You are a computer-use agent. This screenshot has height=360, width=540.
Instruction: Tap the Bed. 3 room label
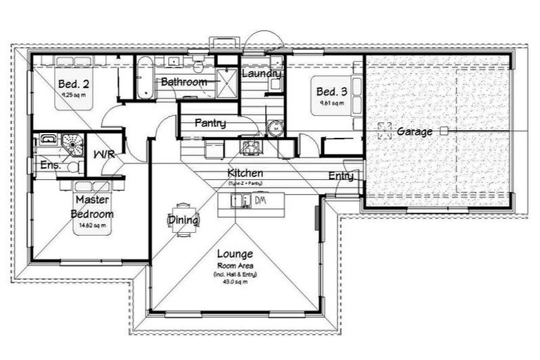click(x=331, y=92)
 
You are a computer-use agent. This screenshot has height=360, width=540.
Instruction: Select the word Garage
click(x=414, y=131)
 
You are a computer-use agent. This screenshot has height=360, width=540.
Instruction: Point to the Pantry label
click(x=210, y=124)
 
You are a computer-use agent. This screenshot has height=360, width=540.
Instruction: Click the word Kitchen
click(x=245, y=173)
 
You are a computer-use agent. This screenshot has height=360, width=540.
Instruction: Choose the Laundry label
click(x=262, y=74)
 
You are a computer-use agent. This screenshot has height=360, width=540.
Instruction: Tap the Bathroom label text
click(x=184, y=82)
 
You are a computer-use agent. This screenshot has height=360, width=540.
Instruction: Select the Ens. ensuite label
click(x=68, y=167)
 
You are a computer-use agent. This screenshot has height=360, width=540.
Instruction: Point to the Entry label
click(x=341, y=176)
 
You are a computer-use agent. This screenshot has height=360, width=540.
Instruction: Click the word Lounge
click(x=235, y=253)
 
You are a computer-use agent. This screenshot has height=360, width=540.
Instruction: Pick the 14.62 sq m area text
click(x=94, y=226)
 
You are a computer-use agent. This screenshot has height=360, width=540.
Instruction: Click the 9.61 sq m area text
click(x=331, y=103)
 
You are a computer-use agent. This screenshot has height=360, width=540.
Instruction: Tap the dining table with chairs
click(x=183, y=221)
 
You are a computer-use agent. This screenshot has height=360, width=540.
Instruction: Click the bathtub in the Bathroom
click(x=144, y=77)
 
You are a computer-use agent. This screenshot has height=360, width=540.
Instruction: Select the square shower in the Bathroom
click(x=227, y=82)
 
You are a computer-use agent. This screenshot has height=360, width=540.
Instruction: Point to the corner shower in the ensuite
click(x=72, y=143)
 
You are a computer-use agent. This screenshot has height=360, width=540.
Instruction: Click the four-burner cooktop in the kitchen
click(x=250, y=148)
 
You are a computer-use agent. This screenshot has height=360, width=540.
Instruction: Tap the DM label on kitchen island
click(x=259, y=201)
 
